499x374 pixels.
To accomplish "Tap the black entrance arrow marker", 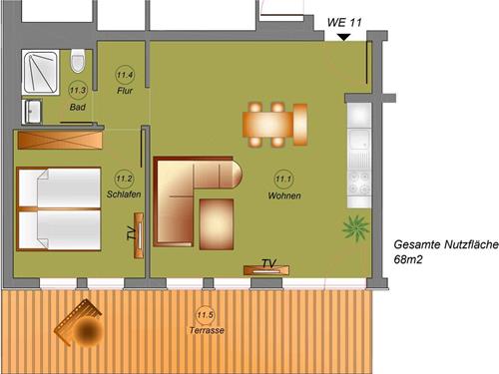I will coord(342,37).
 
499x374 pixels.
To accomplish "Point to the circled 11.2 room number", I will coord(124,178).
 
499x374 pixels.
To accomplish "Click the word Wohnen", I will coord(284,195).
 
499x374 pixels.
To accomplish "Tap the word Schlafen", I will coord(123,194).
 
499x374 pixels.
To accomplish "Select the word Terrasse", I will coord(206,331).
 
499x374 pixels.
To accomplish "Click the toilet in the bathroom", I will coord(79,62).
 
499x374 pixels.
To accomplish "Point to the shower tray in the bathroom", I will coord(43,70).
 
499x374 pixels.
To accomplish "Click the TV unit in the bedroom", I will coord(138,233).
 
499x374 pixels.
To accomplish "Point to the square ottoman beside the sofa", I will coord(217,222).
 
